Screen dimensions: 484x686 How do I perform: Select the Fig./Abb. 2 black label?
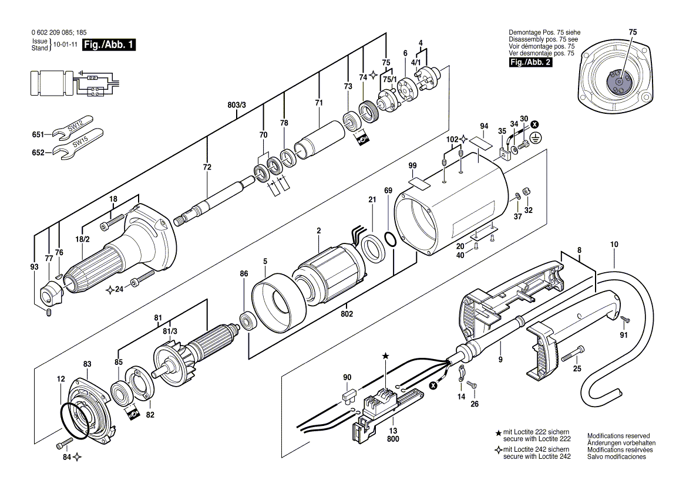pyautogui.click(x=530, y=62)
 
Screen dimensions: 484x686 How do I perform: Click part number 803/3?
pyautogui.click(x=237, y=104)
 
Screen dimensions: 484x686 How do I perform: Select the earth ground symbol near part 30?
pyautogui.click(x=535, y=137)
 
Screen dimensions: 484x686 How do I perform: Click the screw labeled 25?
pyautogui.click(x=572, y=353)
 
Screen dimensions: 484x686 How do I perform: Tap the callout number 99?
pyautogui.click(x=412, y=167)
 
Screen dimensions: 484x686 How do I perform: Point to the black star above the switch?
pyautogui.click(x=386, y=356)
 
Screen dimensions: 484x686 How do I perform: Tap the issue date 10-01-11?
pyautogui.click(x=65, y=45)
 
